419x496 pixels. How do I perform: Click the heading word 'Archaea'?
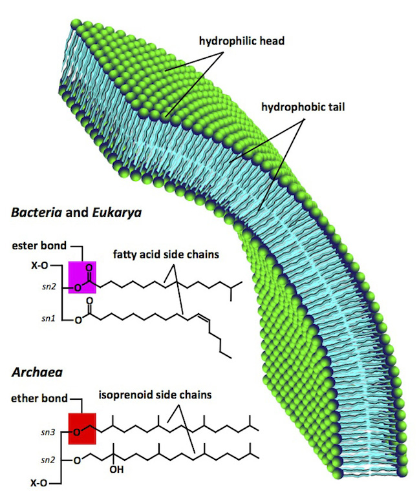[x=34, y=373]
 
